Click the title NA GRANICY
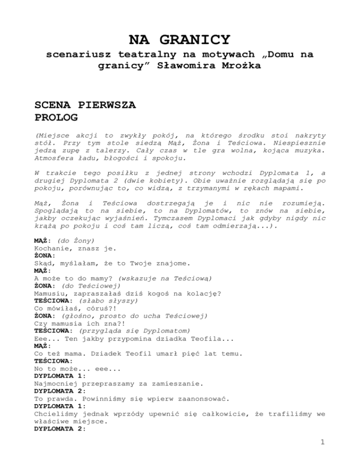[180, 38]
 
